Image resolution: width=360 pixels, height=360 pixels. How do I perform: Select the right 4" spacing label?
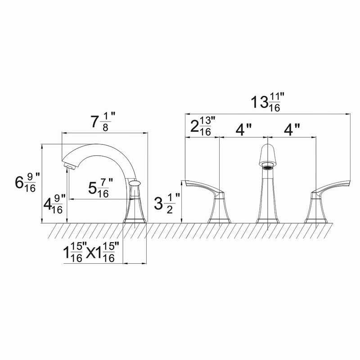[292, 130]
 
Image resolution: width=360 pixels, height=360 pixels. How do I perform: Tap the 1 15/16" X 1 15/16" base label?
[92, 252]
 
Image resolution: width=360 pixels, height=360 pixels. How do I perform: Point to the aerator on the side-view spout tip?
[69, 167]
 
